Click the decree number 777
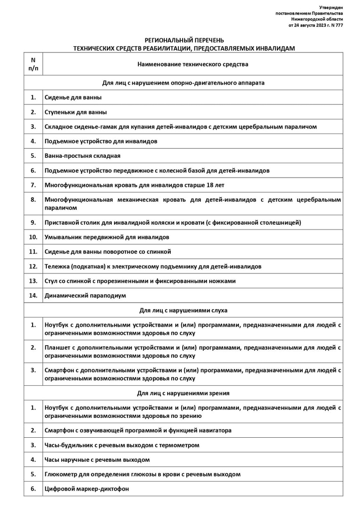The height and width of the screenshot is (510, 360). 338,25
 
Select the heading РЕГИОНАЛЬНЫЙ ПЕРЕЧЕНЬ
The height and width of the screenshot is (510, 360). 184,41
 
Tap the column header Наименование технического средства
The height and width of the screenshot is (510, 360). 193,64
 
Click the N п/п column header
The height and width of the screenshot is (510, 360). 33,64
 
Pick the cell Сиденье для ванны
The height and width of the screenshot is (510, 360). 73,97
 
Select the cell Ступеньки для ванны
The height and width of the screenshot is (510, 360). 75,112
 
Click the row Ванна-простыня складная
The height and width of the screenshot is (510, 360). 83,155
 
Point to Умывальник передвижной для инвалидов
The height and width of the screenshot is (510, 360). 107,237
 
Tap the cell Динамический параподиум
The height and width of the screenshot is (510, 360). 85,295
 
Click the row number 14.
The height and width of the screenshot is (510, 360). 33,295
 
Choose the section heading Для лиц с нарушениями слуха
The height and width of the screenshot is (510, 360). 184,310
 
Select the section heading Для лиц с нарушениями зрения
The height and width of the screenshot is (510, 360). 184,393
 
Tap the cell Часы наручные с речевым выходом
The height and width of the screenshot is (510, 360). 97,459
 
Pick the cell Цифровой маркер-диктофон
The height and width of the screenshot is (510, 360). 87,489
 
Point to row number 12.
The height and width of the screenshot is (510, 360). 33,266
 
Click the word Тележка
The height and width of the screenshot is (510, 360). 57,266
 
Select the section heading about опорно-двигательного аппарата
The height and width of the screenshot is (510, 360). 184,83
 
